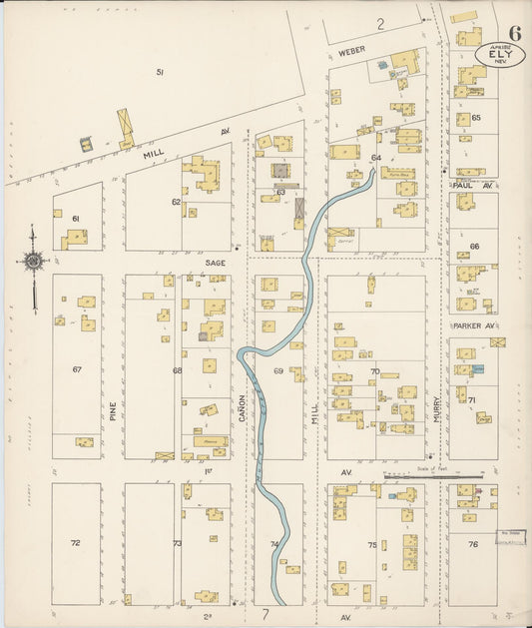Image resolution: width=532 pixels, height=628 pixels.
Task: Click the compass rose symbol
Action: [33, 262]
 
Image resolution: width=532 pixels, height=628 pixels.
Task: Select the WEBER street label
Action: [350, 49]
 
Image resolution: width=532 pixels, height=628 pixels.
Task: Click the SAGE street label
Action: [215, 262]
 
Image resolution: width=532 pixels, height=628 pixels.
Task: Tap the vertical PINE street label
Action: [113, 410]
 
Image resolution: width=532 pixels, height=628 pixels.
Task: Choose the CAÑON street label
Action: [242, 410]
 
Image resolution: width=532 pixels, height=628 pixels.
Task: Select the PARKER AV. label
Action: [474, 325]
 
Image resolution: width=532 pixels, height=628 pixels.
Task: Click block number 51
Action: [159, 72]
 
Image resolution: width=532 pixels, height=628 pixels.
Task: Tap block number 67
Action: [76, 369]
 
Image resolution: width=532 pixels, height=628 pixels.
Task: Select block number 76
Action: [473, 544]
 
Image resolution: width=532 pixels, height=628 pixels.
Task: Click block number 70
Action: [375, 371]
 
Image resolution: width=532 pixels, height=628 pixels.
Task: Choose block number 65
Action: [476, 118]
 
